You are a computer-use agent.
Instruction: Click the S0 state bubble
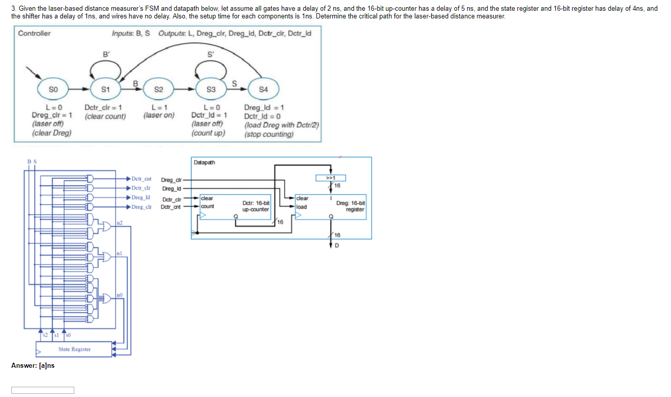(x=53, y=89)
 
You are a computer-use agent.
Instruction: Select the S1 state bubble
(x=106, y=89)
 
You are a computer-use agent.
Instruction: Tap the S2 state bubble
(x=158, y=89)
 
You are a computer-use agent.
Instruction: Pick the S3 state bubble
(x=211, y=89)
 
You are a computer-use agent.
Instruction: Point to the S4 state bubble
(x=263, y=89)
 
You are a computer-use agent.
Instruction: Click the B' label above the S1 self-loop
(x=106, y=54)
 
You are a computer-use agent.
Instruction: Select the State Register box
(x=74, y=349)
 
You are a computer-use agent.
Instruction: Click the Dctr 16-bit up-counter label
(x=256, y=206)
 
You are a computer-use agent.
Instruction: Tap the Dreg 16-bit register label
(x=350, y=206)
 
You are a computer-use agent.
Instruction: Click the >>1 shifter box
(x=331, y=178)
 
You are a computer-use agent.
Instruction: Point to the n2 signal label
(x=119, y=222)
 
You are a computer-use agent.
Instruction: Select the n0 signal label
(x=119, y=295)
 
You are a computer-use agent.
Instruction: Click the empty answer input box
(x=43, y=390)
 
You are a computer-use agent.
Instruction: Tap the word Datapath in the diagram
(x=204, y=162)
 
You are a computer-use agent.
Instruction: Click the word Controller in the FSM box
(x=34, y=34)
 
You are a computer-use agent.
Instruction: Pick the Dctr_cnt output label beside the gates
(x=141, y=179)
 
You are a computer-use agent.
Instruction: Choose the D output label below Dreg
(x=337, y=244)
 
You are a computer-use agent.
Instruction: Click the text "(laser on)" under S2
(x=159, y=115)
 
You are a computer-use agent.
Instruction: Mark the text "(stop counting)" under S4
(x=269, y=134)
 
